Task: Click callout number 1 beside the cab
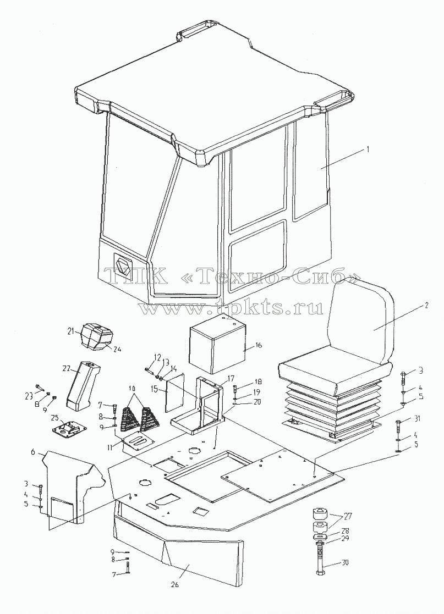pos(368,149)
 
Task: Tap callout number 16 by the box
pos(259,345)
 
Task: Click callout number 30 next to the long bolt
pos(345,563)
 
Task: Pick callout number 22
pos(66,368)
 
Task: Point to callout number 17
pos(231,379)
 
